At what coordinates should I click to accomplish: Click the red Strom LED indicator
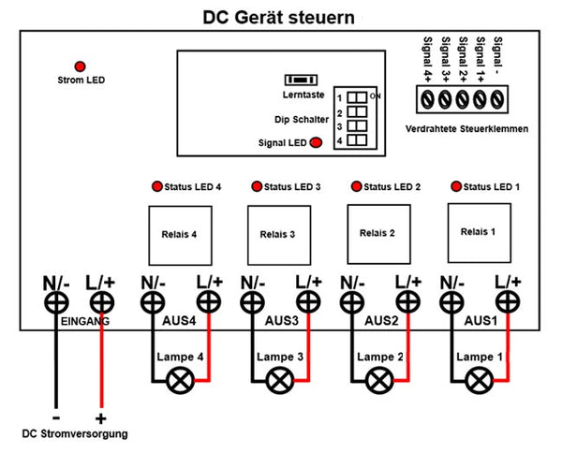[x=80, y=66]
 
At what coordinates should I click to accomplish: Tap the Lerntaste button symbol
[x=301, y=80]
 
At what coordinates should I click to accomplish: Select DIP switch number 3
[x=357, y=125]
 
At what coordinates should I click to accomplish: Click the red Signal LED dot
[x=316, y=142]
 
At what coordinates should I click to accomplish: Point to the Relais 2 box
[x=378, y=234]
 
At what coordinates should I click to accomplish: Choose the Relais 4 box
[x=180, y=235]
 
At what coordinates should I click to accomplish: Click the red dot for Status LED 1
[x=456, y=186]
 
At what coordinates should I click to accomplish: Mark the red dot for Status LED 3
[x=257, y=186]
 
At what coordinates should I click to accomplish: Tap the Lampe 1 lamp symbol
[x=480, y=381]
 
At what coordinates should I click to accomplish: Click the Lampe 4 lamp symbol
[x=180, y=381]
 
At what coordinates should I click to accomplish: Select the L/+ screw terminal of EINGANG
[x=102, y=302]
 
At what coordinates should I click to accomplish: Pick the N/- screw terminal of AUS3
[x=252, y=302]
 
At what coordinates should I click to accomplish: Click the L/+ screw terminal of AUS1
[x=508, y=302]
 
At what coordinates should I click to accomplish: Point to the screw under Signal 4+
[x=427, y=99]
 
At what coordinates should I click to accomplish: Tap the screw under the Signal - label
[x=497, y=99]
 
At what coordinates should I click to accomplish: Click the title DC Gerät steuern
[x=279, y=17]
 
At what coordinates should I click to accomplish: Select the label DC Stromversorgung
[x=75, y=433]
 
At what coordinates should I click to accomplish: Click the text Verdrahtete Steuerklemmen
[x=466, y=128]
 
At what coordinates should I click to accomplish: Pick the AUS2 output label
[x=381, y=320]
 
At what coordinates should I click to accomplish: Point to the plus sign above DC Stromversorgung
[x=101, y=418]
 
